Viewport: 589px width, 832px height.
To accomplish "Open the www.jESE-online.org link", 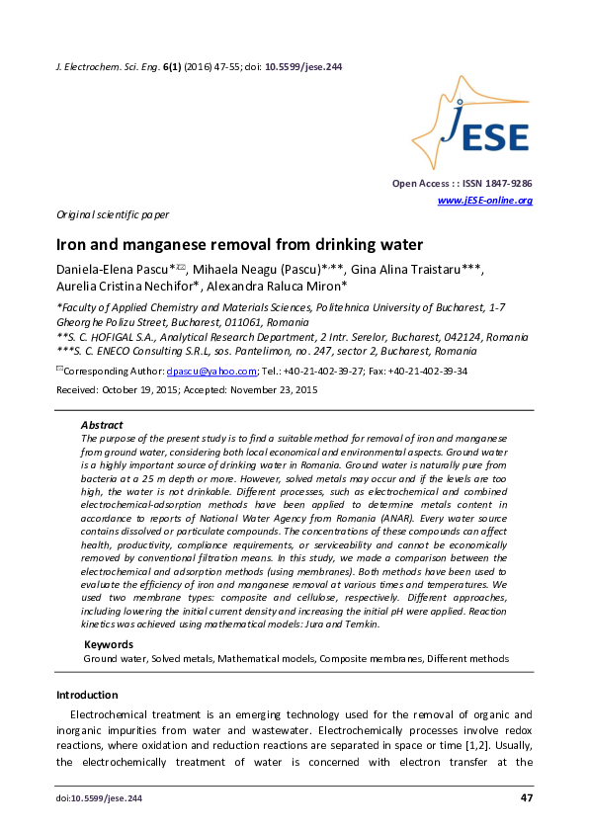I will tap(484, 201).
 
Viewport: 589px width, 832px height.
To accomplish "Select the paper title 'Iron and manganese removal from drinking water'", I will tap(230, 245).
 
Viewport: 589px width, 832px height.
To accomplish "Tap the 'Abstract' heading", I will tap(101, 423).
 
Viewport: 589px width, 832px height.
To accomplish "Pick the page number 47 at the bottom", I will tap(525, 797).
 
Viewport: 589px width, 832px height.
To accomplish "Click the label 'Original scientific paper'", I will tap(112, 214).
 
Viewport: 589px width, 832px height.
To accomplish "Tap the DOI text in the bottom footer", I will tap(99, 798).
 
